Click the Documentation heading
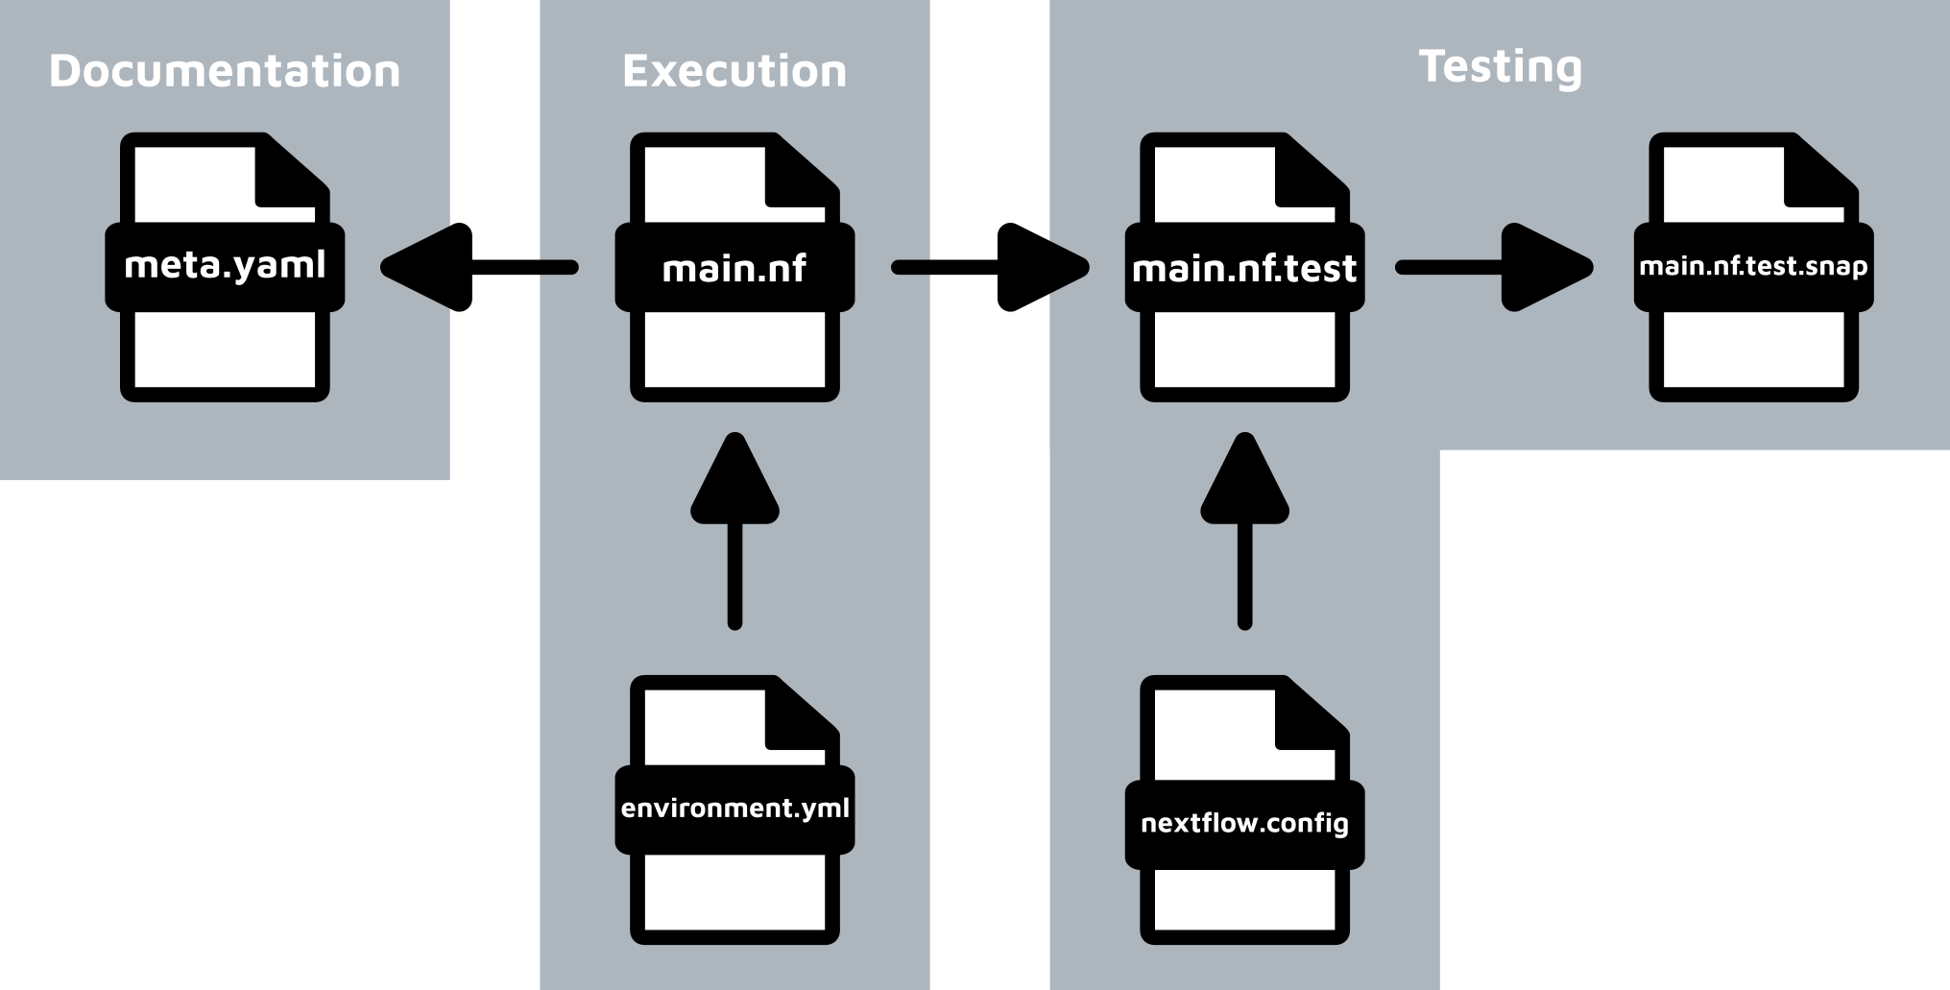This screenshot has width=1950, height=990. click(x=225, y=71)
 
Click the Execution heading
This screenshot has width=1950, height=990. click(x=734, y=71)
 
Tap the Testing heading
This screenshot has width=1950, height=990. click(x=1500, y=66)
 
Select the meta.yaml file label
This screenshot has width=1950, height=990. click(x=225, y=265)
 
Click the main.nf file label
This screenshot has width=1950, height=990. click(x=734, y=268)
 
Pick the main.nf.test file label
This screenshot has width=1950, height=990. click(x=1244, y=268)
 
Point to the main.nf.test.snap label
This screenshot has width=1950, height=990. click(x=1753, y=266)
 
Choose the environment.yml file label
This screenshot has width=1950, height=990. click(x=734, y=808)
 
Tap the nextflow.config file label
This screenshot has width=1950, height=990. click(x=1244, y=823)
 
